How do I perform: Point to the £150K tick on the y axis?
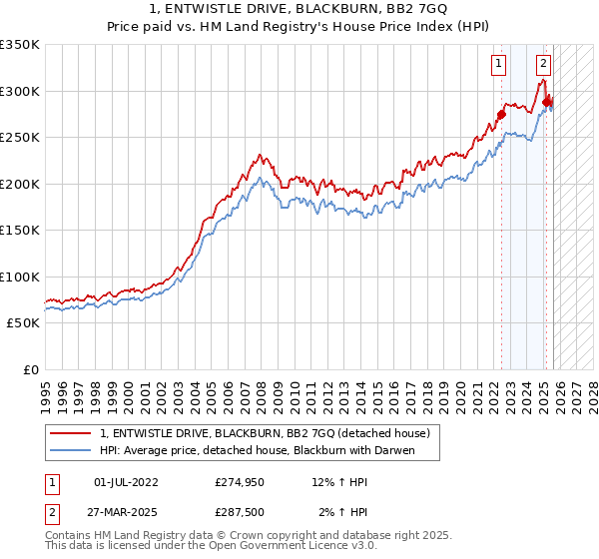[19, 230]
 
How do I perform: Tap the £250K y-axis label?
[19, 138]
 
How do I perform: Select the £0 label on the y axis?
[30, 369]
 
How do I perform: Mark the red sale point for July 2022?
[501, 113]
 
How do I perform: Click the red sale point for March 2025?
[547, 102]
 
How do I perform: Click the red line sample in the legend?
[72, 433]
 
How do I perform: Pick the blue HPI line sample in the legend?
[72, 451]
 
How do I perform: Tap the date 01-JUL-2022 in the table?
[126, 482]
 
